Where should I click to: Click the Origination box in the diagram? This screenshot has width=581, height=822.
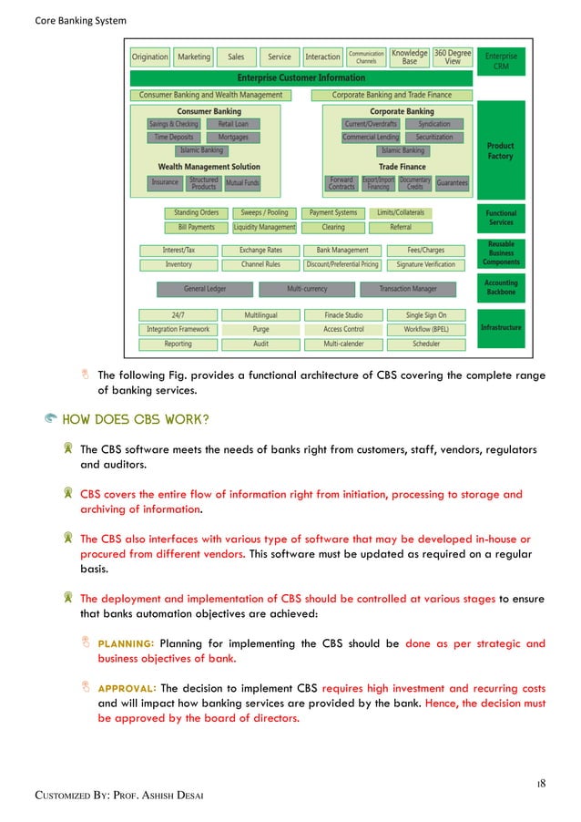(x=150, y=57)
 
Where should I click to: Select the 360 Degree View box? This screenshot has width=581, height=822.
(x=453, y=57)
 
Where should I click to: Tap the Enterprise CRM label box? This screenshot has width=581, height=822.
(x=501, y=61)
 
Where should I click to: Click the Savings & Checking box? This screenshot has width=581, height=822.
(x=173, y=124)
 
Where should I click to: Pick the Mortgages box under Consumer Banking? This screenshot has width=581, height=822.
(x=234, y=138)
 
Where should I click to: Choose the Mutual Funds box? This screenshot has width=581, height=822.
(x=242, y=182)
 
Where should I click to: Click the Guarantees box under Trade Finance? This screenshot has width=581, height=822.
(x=452, y=182)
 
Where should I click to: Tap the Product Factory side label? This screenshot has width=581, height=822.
(x=501, y=150)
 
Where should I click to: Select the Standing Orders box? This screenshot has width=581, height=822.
(x=197, y=213)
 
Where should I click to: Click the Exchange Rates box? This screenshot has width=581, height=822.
(x=260, y=250)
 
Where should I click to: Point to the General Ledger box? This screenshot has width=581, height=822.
(x=205, y=289)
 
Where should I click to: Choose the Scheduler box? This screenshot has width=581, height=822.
(x=426, y=344)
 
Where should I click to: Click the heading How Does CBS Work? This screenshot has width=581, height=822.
(x=137, y=419)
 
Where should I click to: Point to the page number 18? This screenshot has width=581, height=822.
(x=540, y=783)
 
